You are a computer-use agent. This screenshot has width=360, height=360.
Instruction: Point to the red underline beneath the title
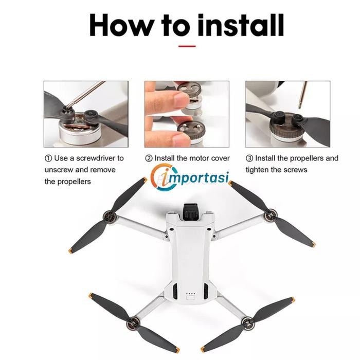[186, 46]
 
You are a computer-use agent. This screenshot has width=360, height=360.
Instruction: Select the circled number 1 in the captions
[48, 158]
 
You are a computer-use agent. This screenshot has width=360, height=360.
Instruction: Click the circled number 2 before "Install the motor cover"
[149, 158]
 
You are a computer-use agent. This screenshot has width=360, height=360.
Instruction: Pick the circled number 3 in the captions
[249, 158]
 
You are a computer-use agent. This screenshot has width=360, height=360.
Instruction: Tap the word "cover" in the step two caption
[220, 158]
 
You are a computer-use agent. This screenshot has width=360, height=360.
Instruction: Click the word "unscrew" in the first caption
[59, 170]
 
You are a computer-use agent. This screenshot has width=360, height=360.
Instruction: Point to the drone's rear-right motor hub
[249, 324]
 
